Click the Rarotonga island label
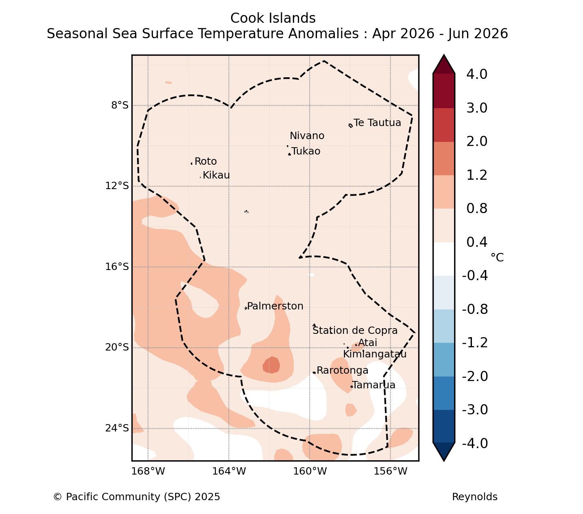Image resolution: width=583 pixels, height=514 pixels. (x=342, y=370)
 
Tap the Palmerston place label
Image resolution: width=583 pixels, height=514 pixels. (x=275, y=306)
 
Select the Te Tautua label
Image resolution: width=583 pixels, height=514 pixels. (x=377, y=122)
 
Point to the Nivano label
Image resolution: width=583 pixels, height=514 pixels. (x=307, y=135)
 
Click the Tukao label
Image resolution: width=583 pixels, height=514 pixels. (x=306, y=151)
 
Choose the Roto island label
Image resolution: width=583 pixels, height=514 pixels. (x=205, y=161)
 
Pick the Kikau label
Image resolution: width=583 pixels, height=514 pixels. (x=216, y=175)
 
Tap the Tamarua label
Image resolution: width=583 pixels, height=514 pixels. (x=373, y=385)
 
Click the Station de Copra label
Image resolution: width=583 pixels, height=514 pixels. (x=355, y=331)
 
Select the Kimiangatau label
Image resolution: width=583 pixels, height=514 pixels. (x=375, y=354)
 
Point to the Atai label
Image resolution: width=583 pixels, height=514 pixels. (x=367, y=342)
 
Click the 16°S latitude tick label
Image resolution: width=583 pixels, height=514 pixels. (x=117, y=267)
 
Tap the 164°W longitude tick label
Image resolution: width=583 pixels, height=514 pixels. (x=229, y=471)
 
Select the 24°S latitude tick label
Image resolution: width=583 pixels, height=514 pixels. (x=117, y=428)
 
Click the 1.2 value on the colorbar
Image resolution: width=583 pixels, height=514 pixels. (x=476, y=175)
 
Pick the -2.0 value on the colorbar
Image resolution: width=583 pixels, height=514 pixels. (x=475, y=376)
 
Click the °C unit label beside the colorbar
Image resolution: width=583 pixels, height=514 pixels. (x=497, y=257)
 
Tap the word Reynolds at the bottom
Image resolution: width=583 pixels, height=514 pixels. (x=474, y=497)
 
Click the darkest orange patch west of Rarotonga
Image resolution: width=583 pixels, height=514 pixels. (x=271, y=365)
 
